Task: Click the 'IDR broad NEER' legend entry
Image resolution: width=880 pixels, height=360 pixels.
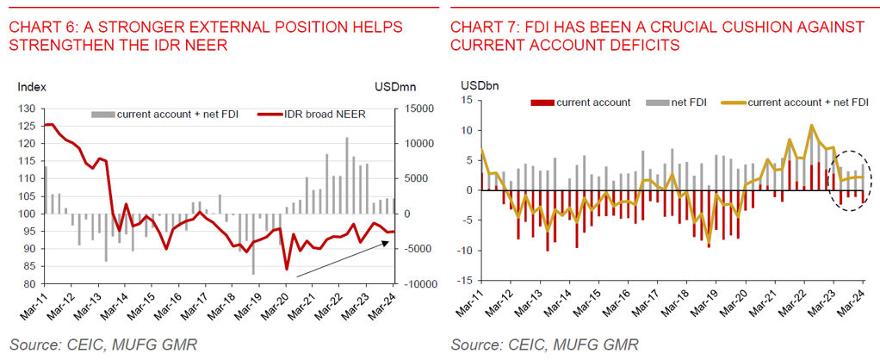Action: tap(320, 114)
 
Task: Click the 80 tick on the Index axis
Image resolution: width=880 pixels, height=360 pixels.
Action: tap(28, 284)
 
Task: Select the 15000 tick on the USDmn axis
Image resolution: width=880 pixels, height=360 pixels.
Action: tap(412, 109)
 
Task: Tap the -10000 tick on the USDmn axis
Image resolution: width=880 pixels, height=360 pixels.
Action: tap(412, 284)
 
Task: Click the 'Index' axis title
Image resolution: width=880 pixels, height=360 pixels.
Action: tap(32, 87)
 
